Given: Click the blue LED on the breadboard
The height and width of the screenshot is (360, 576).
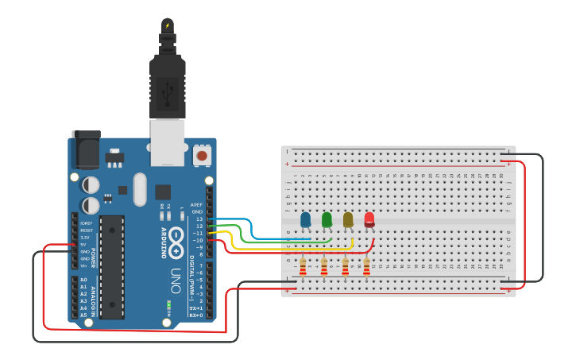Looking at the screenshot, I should pos(306,219).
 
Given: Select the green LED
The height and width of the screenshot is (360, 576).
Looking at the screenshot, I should pos(327,219).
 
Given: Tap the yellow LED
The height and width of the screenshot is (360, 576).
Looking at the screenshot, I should pos(348,219).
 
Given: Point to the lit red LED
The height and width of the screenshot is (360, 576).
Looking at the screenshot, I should pos(369,219).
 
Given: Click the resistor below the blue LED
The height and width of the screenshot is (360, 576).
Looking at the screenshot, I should pos(303,265).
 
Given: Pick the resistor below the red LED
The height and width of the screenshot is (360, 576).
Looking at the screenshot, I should pos(366,265).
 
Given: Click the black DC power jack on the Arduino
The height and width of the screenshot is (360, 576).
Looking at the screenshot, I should pos(86,149).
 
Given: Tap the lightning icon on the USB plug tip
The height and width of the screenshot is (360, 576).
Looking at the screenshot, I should pos(167,25).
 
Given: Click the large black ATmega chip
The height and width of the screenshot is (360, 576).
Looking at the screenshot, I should pos(112,266).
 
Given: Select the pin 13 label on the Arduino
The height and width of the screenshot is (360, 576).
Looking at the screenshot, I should pos(199,219).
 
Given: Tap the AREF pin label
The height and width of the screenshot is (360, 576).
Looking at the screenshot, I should pos(197,204).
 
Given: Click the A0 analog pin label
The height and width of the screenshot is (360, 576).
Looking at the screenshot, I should pos(83,280).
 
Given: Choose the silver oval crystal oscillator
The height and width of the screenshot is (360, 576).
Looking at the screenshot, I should pos(141,189).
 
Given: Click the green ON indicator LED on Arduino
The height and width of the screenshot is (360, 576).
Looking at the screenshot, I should pos(168,304).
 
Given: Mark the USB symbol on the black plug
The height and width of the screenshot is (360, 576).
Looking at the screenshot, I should pos(168,95).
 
